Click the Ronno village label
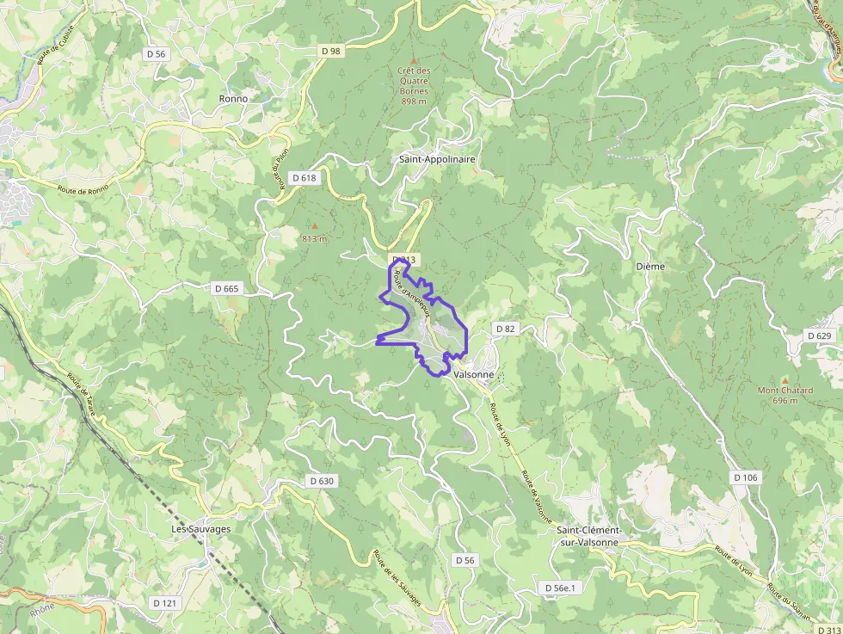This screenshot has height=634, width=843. (x=233, y=99)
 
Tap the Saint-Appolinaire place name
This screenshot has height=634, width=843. (x=437, y=159)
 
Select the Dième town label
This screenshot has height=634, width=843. (x=650, y=267)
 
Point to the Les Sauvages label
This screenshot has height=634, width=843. (x=201, y=529)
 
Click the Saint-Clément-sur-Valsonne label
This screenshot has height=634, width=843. (x=588, y=536)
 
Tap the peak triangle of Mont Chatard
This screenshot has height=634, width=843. (x=785, y=379)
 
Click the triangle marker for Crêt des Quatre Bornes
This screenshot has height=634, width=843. (x=413, y=59)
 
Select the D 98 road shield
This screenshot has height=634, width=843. (x=330, y=51)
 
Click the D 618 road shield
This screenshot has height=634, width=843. (x=305, y=178)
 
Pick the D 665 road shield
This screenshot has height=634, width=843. (x=225, y=288)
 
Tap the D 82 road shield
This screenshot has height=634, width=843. (x=505, y=329)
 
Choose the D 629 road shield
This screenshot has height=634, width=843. (x=819, y=335)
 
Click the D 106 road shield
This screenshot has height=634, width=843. (x=746, y=477)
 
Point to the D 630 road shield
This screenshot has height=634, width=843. (x=321, y=481)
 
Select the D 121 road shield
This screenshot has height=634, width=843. (x=164, y=603)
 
